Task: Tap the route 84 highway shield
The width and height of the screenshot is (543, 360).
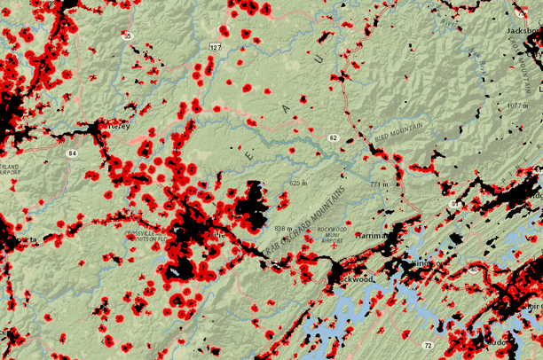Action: [70, 153]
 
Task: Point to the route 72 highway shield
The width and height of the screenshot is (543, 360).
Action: [428, 344]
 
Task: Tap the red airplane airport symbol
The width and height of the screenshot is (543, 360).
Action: [322, 237]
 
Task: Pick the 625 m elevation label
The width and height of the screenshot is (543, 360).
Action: [297, 183]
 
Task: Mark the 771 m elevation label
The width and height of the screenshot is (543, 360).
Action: [380, 184]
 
